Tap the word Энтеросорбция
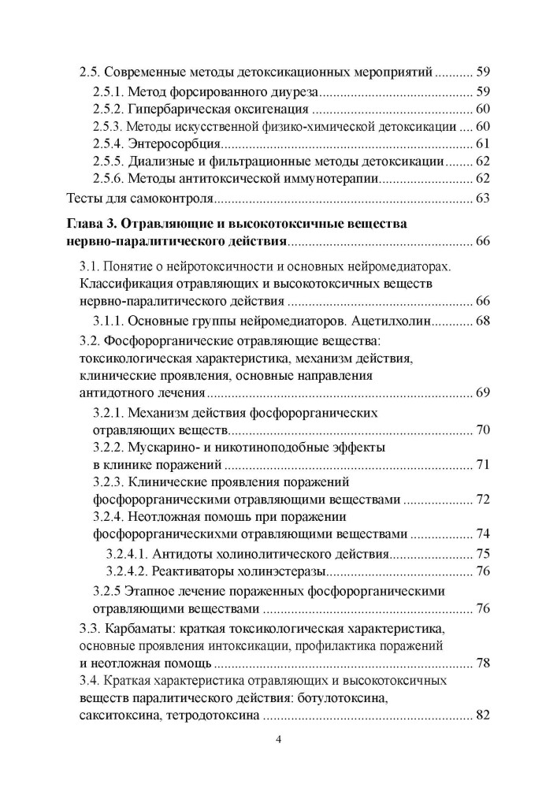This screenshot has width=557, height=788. tap(173, 144)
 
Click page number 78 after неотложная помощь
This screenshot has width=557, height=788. tap(483, 663)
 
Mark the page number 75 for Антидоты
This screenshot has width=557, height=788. tap(483, 553)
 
